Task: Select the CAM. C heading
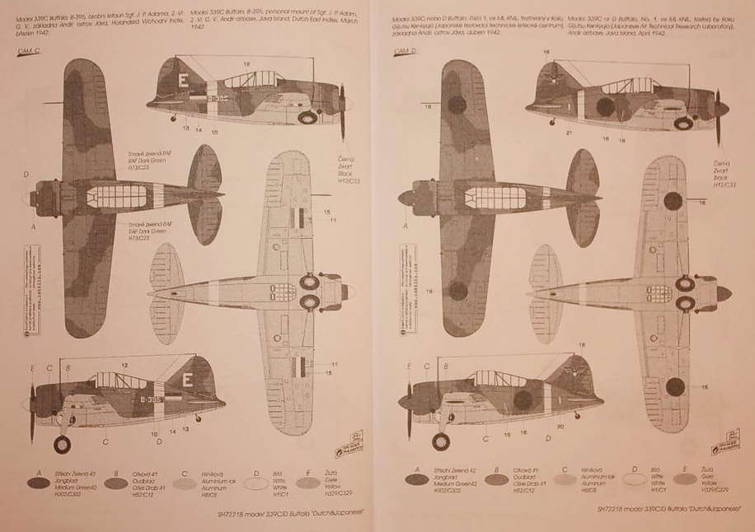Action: [x=31, y=50]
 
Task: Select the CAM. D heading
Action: [x=406, y=50]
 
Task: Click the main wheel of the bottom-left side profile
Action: [x=62, y=444]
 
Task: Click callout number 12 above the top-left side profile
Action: [x=246, y=63]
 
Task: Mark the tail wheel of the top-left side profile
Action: [x=174, y=118]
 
